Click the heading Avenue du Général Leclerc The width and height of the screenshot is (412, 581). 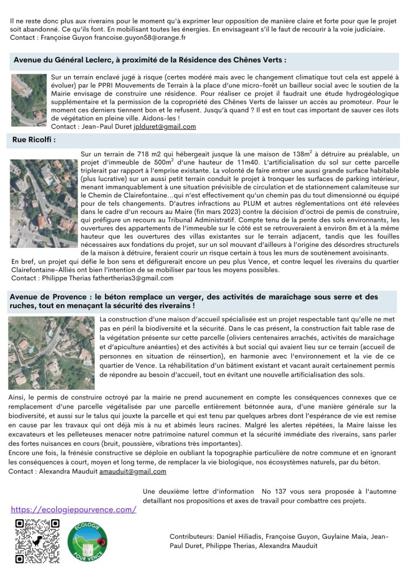[149, 60]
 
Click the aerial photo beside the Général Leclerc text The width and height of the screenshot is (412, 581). [30, 100]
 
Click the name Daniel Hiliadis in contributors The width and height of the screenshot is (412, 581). [238, 536]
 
